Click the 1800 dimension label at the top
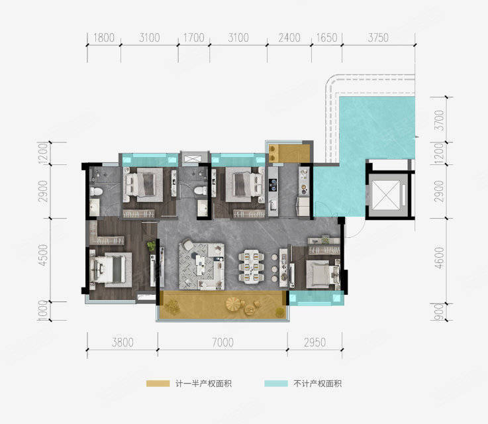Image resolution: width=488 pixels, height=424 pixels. [x=104, y=38]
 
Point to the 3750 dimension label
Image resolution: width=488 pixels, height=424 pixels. [x=378, y=38]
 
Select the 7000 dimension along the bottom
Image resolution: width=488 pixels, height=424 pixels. [x=223, y=343]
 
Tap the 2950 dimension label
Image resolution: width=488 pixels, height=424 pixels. [x=315, y=343]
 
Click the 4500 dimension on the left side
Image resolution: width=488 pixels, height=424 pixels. [x=43, y=255]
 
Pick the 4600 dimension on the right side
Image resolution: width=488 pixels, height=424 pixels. [x=439, y=258]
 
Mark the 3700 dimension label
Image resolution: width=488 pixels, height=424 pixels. [x=439, y=121]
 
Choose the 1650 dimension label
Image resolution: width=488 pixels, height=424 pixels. [x=327, y=38]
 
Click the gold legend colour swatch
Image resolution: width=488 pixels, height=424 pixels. [x=158, y=384]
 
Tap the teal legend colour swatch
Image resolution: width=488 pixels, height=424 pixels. [x=276, y=384]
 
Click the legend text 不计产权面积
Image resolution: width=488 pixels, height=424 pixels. [x=317, y=384]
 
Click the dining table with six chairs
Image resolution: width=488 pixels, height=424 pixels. [x=252, y=267]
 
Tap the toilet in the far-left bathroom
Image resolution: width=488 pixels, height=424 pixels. [x=96, y=191]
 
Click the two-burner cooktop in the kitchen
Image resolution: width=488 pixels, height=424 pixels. [x=273, y=184]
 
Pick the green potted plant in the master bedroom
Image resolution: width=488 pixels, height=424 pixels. [x=151, y=246]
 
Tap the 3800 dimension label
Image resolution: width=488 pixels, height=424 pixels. [x=122, y=343]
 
